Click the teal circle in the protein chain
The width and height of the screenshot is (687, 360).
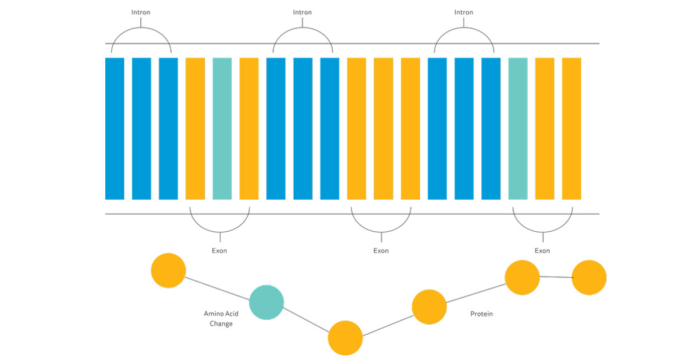(266, 302)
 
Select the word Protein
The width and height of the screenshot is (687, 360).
(481, 314)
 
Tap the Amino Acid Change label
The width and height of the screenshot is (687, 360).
(221, 319)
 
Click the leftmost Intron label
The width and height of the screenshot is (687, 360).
(141, 12)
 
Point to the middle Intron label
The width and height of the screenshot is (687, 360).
(302, 12)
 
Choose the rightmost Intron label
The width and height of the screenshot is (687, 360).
(464, 12)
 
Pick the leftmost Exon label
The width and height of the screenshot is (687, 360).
(219, 251)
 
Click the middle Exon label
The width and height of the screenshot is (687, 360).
(381, 251)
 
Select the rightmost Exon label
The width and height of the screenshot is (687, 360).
(542, 251)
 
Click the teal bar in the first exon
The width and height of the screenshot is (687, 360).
(222, 128)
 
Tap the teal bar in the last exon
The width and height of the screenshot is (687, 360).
(518, 128)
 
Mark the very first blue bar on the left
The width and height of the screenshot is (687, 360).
(114, 128)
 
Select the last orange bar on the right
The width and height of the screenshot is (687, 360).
(571, 128)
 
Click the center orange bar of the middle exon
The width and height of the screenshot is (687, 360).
(383, 128)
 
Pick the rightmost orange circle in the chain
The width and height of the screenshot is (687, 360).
(589, 278)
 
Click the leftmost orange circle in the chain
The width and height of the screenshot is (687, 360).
(168, 270)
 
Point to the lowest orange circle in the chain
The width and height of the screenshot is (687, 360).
(345, 338)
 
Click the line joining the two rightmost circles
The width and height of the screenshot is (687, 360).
(555, 277)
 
